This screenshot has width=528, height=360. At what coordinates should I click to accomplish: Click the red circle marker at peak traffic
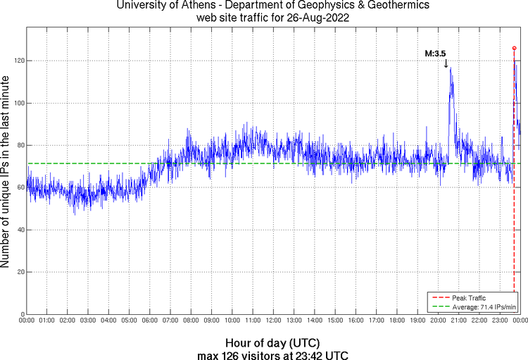(x=514, y=48)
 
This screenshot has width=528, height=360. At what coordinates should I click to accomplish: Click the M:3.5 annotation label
(x=435, y=54)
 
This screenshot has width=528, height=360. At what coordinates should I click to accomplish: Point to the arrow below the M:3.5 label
(x=446, y=64)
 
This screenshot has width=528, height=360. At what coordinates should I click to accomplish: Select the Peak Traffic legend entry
(x=469, y=299)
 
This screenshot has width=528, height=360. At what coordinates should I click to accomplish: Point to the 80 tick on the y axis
(x=20, y=146)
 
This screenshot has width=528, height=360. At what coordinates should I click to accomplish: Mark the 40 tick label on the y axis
(x=20, y=230)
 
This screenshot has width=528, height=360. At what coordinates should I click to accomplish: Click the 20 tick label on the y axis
(x=20, y=272)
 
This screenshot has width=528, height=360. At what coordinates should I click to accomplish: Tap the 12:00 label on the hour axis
(x=273, y=321)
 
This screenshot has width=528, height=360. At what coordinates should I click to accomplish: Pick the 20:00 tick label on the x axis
(x=438, y=321)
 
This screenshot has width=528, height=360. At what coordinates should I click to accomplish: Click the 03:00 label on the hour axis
(x=88, y=321)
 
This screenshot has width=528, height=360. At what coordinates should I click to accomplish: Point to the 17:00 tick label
(x=376, y=321)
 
